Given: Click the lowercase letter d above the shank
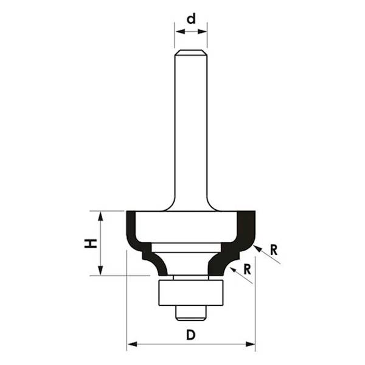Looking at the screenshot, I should pos(191,19).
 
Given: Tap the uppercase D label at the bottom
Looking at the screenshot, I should pos(190,335).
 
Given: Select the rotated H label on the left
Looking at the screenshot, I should pos(91,244).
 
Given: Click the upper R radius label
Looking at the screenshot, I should pos(274,249).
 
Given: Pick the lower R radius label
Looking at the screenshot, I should pos(246,268).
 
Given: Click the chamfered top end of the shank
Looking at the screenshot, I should pos(190,52).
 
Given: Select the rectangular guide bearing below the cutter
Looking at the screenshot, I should pos(190,293).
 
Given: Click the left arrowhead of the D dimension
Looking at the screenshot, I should pos(131,345).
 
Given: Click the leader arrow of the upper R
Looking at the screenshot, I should pos(258,248).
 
